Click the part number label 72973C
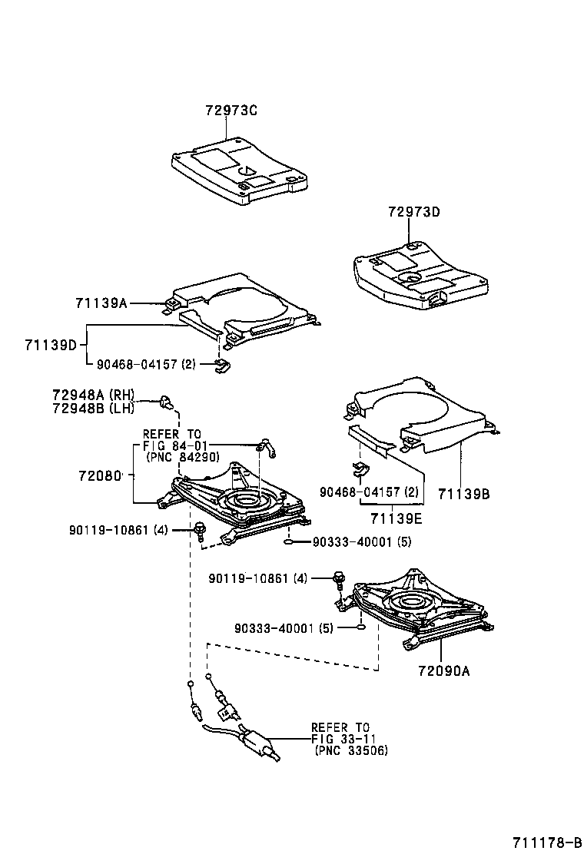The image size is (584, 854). click(231, 111)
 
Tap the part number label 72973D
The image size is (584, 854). click(413, 212)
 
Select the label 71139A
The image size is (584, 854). click(101, 303)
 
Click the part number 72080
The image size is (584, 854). click(100, 476)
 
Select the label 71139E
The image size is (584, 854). click(397, 518)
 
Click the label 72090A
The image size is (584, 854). click(443, 670)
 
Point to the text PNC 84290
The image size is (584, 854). click(182, 456)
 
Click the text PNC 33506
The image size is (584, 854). click(351, 750)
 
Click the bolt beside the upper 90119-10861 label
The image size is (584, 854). click(199, 528)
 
